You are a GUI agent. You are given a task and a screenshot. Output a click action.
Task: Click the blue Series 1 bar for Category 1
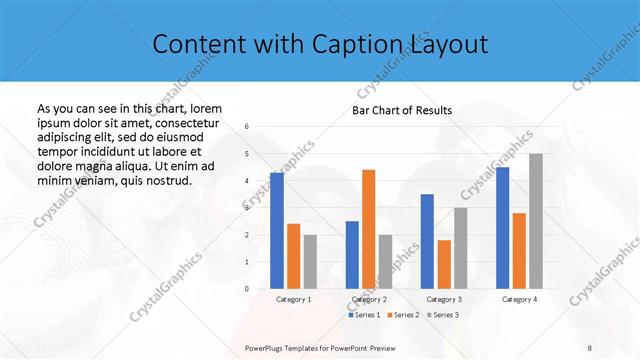click(277, 231)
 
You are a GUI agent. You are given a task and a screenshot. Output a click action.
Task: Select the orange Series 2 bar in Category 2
click(368, 229)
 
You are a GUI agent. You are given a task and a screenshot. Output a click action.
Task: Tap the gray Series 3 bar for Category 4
click(535, 221)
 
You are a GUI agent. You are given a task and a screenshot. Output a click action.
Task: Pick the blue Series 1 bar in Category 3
click(427, 241)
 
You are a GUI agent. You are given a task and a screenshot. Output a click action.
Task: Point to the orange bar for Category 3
click(444, 264)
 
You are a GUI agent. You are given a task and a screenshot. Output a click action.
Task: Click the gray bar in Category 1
click(310, 261)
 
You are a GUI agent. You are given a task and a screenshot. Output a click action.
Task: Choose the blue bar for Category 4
click(502, 228)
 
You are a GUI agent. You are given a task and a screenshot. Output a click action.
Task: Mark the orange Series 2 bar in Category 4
click(519, 250)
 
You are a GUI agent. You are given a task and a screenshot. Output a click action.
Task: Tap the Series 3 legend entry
click(443, 315)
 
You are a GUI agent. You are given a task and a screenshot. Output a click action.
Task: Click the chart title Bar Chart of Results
click(402, 110)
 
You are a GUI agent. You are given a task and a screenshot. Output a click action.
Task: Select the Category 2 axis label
click(368, 299)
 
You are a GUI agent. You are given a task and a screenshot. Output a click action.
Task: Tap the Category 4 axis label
click(518, 299)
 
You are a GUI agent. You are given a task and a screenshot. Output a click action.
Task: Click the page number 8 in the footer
click(590, 346)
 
